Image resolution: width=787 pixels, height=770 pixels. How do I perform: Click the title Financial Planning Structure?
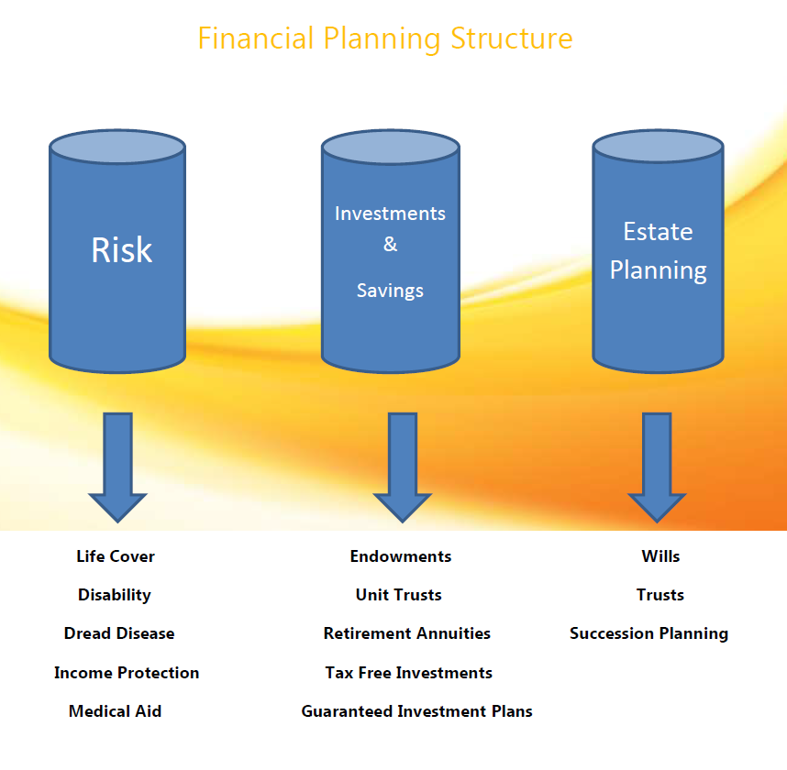[385, 38]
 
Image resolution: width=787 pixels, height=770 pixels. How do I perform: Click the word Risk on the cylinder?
[121, 249]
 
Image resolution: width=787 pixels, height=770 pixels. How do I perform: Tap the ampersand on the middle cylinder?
[390, 245]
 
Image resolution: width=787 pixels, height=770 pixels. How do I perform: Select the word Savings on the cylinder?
[390, 291]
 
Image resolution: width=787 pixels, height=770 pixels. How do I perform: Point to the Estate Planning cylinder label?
[658, 251]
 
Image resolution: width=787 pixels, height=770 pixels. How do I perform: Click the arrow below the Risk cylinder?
[118, 467]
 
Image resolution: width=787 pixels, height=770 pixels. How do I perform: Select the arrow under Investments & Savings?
[402, 467]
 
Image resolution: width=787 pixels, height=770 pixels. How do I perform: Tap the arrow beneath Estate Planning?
[657, 467]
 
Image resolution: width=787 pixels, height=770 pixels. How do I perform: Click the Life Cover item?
[116, 556]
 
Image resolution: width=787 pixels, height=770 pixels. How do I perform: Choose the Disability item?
[115, 595]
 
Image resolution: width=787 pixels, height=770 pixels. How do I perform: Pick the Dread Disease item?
[119, 633]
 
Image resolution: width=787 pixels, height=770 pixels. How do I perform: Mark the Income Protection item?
[127, 673]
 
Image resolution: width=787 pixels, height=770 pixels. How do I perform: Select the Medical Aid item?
[115, 711]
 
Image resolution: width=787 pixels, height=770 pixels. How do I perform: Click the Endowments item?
[401, 556]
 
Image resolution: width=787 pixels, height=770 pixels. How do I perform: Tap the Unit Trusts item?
[398, 595]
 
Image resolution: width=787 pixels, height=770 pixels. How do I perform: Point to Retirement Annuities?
[407, 633]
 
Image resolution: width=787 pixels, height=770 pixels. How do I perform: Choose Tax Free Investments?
[408, 673]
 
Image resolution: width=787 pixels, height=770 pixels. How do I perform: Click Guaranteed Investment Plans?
[416, 711]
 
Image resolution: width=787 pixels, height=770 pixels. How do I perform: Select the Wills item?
[660, 556]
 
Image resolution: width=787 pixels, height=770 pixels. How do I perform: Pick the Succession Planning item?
[649, 634]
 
